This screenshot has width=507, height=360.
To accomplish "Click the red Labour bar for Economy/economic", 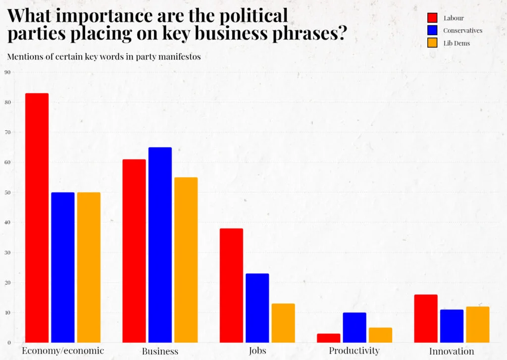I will click(37, 218).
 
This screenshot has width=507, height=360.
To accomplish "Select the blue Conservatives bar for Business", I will click(160, 245).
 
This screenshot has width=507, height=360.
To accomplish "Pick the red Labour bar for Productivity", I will click(329, 338).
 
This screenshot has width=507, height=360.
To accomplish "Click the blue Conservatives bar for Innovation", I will click(452, 326).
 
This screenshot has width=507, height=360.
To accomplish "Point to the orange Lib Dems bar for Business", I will click(186, 260).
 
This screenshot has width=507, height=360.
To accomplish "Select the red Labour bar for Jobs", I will click(231, 285).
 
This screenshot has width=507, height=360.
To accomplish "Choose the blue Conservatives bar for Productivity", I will click(355, 327).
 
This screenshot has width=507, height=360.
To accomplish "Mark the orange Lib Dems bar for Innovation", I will click(477, 324).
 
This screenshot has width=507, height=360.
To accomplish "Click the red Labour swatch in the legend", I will click(432, 18).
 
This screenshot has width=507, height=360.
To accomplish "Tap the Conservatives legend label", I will click(462, 31).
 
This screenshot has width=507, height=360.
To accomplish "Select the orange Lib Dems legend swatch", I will click(432, 43).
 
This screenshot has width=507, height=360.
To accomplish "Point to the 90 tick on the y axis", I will click(7, 72).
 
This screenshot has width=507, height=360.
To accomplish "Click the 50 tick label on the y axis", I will click(7, 193).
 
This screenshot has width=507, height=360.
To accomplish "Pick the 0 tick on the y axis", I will click(8, 343).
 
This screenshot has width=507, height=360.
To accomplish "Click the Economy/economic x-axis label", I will click(63, 351).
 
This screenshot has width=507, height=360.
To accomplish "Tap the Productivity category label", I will click(354, 351).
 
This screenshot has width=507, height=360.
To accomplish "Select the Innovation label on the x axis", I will click(451, 351).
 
